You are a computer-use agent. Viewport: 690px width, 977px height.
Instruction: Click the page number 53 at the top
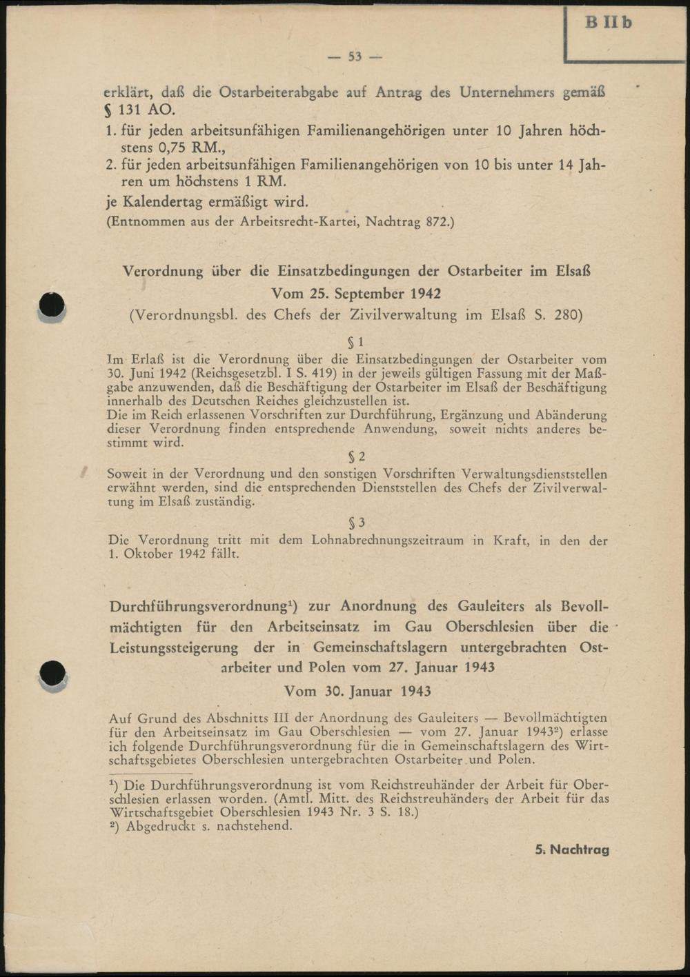tap(355, 57)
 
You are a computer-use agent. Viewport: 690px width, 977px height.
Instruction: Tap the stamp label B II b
tap(608, 23)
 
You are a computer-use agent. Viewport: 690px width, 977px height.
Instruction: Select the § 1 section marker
tap(355, 342)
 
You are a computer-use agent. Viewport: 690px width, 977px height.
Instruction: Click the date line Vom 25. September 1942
tap(356, 294)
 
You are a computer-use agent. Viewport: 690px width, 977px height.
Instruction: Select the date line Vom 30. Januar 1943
tap(357, 691)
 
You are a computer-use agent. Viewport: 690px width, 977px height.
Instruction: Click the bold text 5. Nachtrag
tap(572, 849)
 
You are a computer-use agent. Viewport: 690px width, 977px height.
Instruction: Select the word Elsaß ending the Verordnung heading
tap(573, 271)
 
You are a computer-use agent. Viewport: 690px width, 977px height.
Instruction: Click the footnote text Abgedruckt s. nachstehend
tap(208, 826)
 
